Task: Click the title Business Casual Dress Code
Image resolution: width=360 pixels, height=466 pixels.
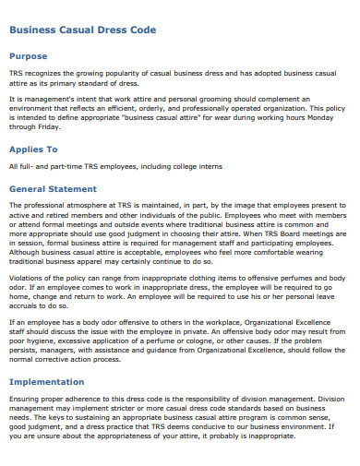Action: tap(83, 30)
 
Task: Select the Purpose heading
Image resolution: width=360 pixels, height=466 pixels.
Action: tap(28, 55)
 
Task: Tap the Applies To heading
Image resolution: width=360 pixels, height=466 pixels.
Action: tap(33, 149)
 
